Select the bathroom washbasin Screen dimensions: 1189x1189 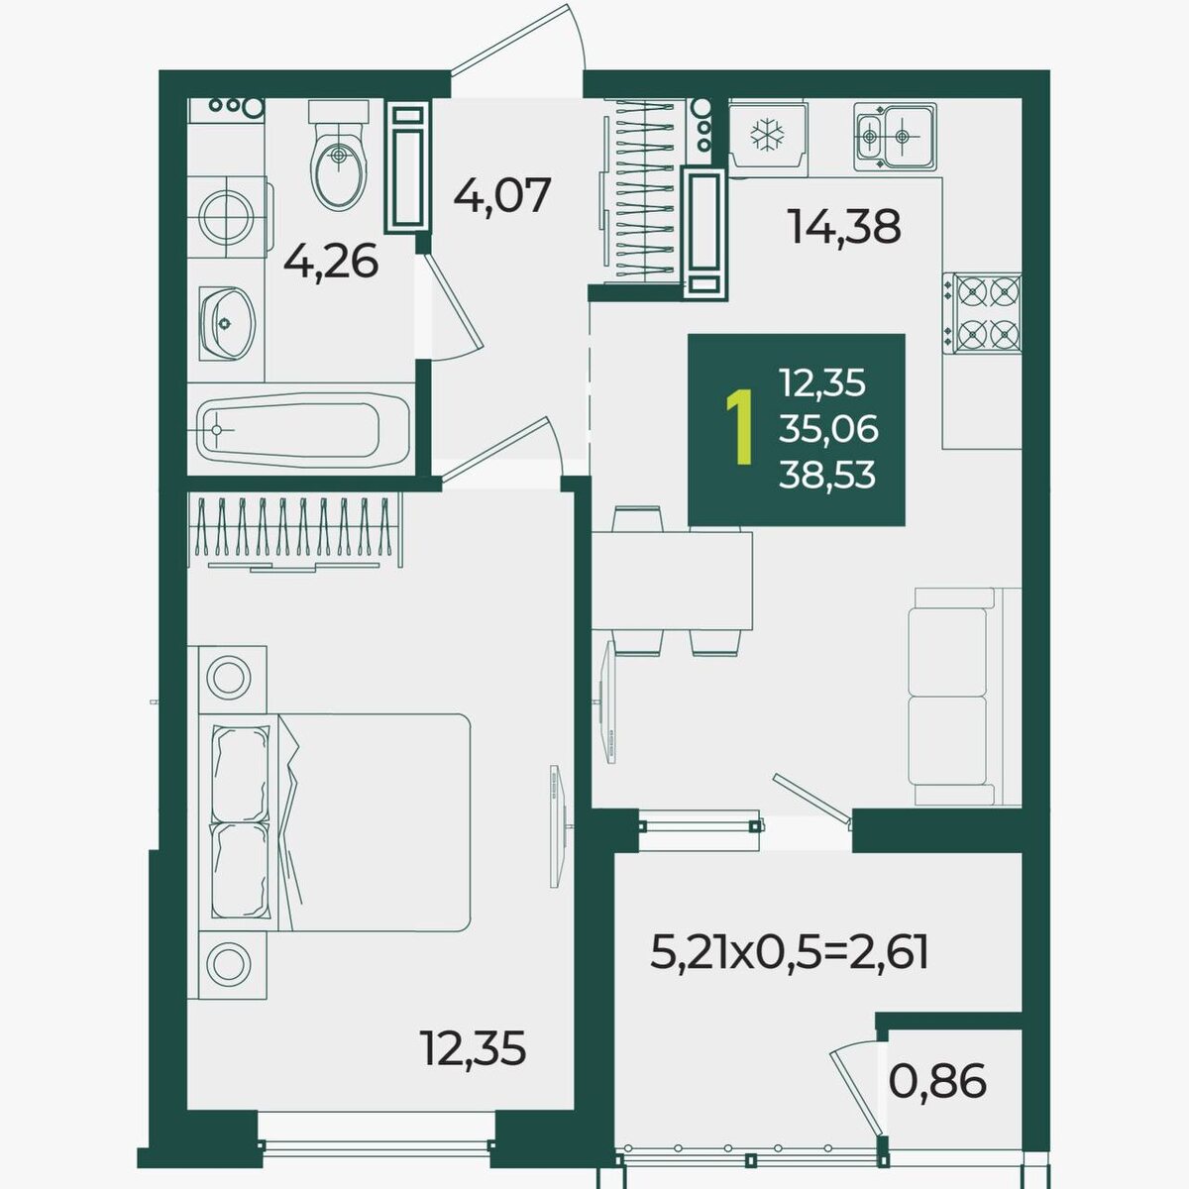point(227,323)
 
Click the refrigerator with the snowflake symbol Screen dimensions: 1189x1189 point(768,137)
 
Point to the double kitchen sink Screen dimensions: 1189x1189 point(895,137)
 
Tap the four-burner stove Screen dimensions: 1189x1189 point(982,314)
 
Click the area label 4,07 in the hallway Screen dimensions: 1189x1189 point(501,195)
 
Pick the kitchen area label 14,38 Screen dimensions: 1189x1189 point(845,227)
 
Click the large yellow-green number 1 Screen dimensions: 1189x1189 point(740,426)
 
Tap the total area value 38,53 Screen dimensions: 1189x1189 point(826,476)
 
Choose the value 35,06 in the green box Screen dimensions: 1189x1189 point(828,429)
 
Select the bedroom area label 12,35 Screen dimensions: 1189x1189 point(473,1048)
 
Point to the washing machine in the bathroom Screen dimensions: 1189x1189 point(228,216)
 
